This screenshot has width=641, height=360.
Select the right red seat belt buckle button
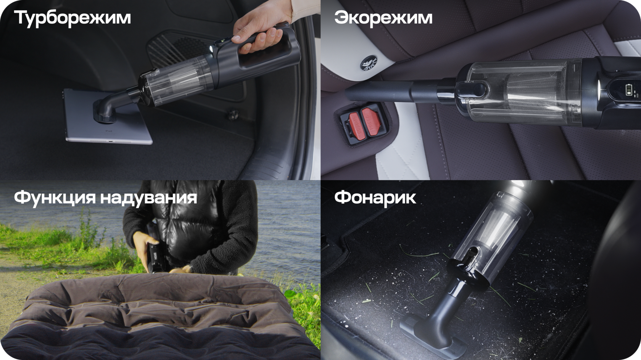pos(372,121)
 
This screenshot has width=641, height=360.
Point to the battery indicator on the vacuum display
pos(628,89)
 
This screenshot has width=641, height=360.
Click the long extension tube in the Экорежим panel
pos(401,91)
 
